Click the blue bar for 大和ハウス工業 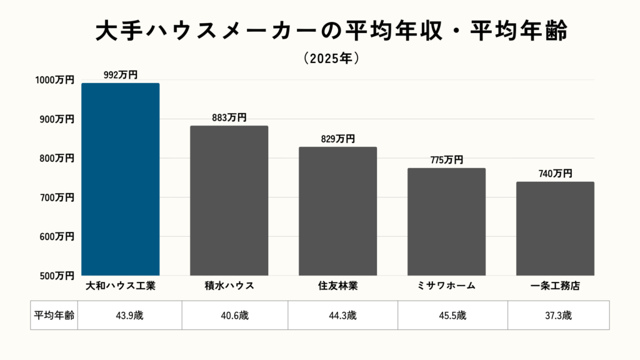pyautogui.click(x=121, y=179)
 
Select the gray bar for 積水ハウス pyautogui.click(x=229, y=201)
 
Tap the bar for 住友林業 pyautogui.click(x=337, y=211)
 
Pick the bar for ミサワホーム pyautogui.click(x=446, y=222)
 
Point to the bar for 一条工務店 pyautogui.click(x=555, y=229)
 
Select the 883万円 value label pyautogui.click(x=229, y=117)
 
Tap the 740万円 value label pyautogui.click(x=555, y=174)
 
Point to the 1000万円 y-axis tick pyautogui.click(x=54, y=80)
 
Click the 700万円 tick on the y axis pyautogui.click(x=56, y=197)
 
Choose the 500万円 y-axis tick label pyautogui.click(x=56, y=276)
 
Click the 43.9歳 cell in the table pyautogui.click(x=129, y=316)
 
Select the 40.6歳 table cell pyautogui.click(x=235, y=316)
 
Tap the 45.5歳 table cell pyautogui.click(x=452, y=316)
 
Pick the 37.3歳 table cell pyautogui.click(x=557, y=316)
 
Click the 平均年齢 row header pyautogui.click(x=54, y=316)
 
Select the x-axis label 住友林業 pyautogui.click(x=337, y=286)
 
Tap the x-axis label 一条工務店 pyautogui.click(x=555, y=286)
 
